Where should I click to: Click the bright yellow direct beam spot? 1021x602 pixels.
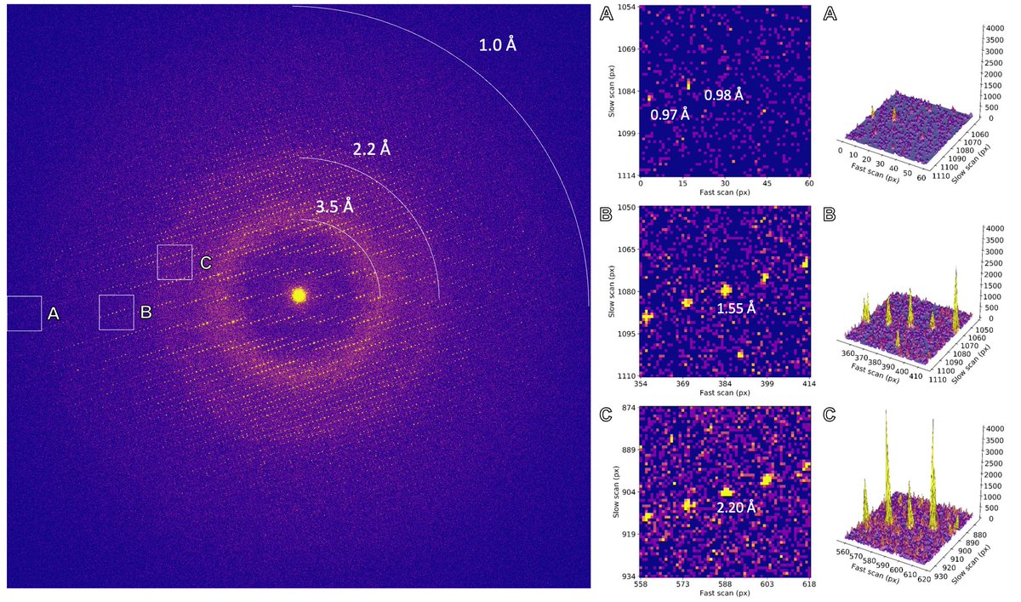(299, 295)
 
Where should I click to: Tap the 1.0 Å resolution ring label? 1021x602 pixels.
(498, 44)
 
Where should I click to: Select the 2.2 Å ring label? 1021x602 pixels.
(371, 149)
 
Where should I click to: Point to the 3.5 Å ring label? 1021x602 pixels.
(334, 207)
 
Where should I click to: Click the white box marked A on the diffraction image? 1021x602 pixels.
(24, 313)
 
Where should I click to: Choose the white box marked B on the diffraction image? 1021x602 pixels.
(117, 312)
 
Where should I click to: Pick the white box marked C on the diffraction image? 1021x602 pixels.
(174, 262)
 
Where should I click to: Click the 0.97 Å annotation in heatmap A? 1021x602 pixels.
(669, 114)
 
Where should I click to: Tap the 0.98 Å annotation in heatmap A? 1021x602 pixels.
(723, 95)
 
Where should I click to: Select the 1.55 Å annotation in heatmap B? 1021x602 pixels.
(735, 307)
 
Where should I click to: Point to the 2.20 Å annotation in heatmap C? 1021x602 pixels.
(736, 507)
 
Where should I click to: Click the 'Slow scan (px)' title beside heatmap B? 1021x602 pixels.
(609, 291)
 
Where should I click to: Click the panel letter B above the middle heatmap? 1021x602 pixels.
(606, 214)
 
